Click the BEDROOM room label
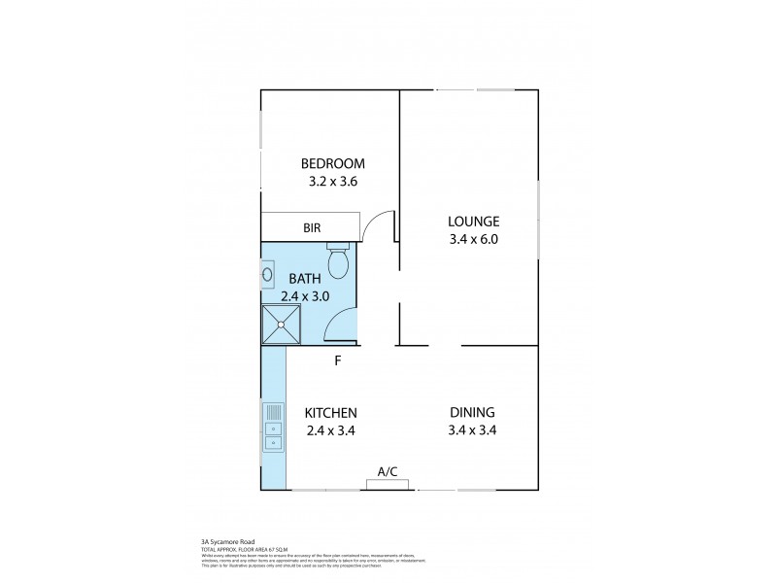click(x=332, y=163)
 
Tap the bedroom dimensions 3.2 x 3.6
click(x=332, y=181)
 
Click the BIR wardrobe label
click(x=312, y=228)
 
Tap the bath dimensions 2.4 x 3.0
click(x=304, y=295)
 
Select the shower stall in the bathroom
click(x=281, y=325)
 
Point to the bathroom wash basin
click(x=268, y=275)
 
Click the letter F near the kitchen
click(x=338, y=361)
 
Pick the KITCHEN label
click(x=331, y=412)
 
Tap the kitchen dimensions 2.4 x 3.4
click(x=331, y=429)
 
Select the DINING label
click(x=472, y=412)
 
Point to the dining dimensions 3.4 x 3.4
click(x=472, y=429)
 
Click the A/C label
click(x=388, y=472)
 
